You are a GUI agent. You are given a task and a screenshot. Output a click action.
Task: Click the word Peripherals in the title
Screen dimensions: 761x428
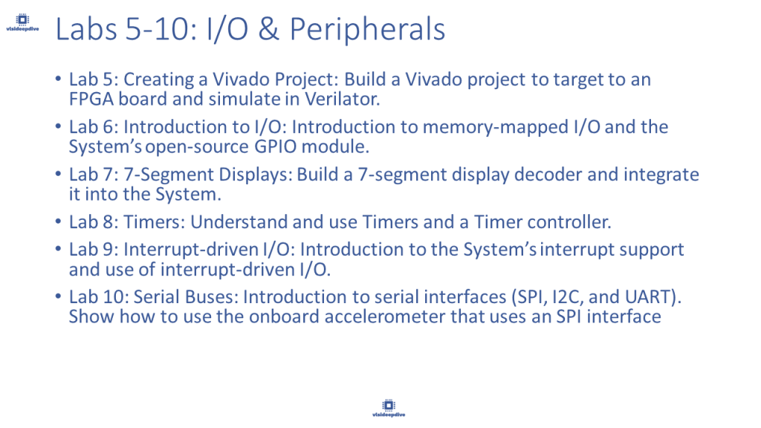pos(367,30)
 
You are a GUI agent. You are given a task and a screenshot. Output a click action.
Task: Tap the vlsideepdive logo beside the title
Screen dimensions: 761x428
pos(22,22)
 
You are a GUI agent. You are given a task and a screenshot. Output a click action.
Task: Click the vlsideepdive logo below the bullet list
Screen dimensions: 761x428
pos(389,408)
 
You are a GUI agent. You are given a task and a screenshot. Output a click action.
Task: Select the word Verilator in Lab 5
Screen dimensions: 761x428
pos(342,99)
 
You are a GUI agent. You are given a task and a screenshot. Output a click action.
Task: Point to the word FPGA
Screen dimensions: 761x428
pos(91,99)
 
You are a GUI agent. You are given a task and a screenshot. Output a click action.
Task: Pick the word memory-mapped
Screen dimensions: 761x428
pos(496,127)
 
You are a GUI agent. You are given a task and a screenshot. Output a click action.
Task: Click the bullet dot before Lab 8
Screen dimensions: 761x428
pos(58,221)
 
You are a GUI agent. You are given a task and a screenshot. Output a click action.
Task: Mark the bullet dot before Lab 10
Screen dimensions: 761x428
pos(58,296)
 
